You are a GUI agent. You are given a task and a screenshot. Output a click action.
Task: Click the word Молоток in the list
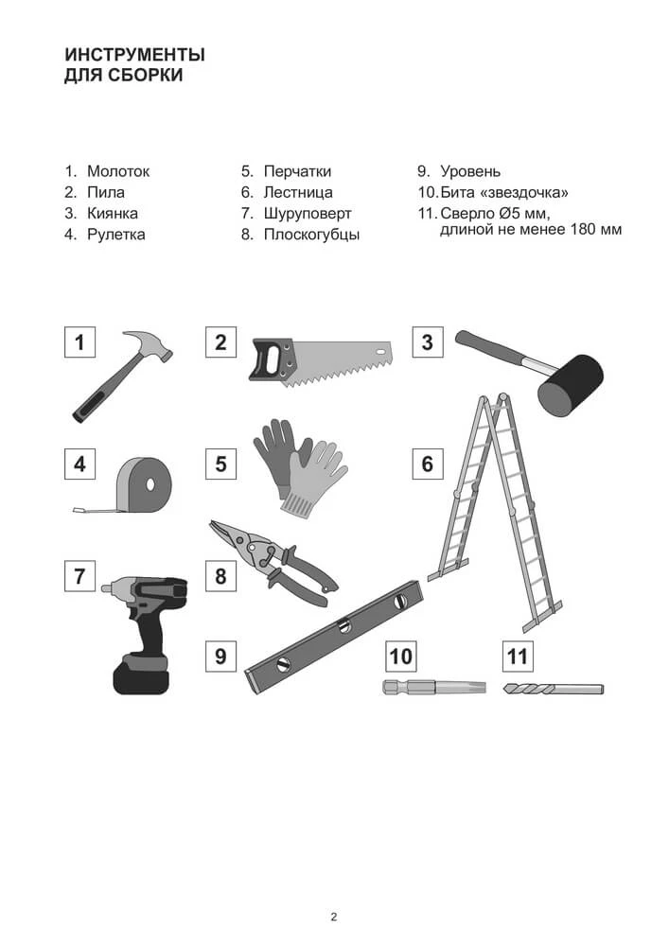(x=118, y=171)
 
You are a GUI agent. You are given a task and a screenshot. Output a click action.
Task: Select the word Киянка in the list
(x=113, y=214)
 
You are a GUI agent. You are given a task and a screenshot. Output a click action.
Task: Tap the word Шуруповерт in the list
(x=307, y=214)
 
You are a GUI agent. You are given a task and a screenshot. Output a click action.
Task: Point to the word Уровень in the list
(x=470, y=171)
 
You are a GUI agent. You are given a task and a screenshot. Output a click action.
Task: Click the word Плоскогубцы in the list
(x=311, y=235)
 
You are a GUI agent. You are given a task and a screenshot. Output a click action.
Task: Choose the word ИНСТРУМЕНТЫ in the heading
(x=135, y=55)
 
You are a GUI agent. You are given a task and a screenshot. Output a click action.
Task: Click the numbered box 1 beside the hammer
(x=79, y=342)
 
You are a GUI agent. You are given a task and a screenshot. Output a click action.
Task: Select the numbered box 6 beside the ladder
(x=427, y=464)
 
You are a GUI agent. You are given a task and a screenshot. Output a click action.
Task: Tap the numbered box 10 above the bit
(x=401, y=656)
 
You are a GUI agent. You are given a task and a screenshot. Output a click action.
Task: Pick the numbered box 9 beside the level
(x=220, y=656)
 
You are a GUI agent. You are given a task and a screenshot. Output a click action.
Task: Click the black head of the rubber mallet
(x=571, y=386)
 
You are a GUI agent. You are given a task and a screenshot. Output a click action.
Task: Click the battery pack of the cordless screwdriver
(x=141, y=674)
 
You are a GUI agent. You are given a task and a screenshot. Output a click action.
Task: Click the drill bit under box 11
(x=553, y=689)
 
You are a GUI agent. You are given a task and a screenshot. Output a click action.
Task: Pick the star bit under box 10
(x=433, y=687)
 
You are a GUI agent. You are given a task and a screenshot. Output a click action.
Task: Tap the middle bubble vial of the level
(x=344, y=627)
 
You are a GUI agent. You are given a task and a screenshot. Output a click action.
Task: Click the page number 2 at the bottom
(x=334, y=918)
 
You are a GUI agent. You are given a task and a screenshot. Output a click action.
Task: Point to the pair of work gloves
(x=300, y=467)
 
